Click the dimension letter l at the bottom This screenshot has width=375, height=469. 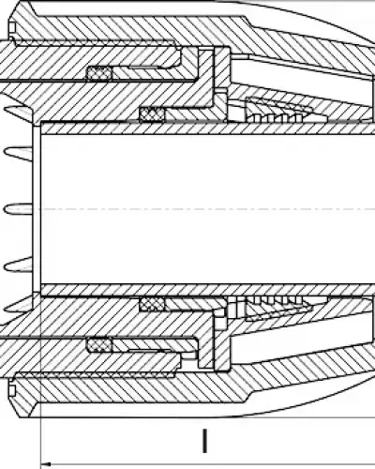204,441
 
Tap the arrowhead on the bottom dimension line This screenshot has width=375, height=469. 46,464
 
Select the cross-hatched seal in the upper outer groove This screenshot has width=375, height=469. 98,73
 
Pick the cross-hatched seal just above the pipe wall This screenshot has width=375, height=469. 152,114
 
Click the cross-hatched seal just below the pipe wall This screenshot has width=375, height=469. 152,304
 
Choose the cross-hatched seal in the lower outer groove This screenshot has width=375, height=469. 98,345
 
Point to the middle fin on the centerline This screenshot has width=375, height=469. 18,208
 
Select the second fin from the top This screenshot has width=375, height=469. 18,153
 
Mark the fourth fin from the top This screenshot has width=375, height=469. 18,265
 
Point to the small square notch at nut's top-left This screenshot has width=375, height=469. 12,27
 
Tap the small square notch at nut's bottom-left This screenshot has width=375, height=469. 12,390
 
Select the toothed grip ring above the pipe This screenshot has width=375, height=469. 278,111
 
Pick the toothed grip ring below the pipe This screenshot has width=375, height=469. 278,308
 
